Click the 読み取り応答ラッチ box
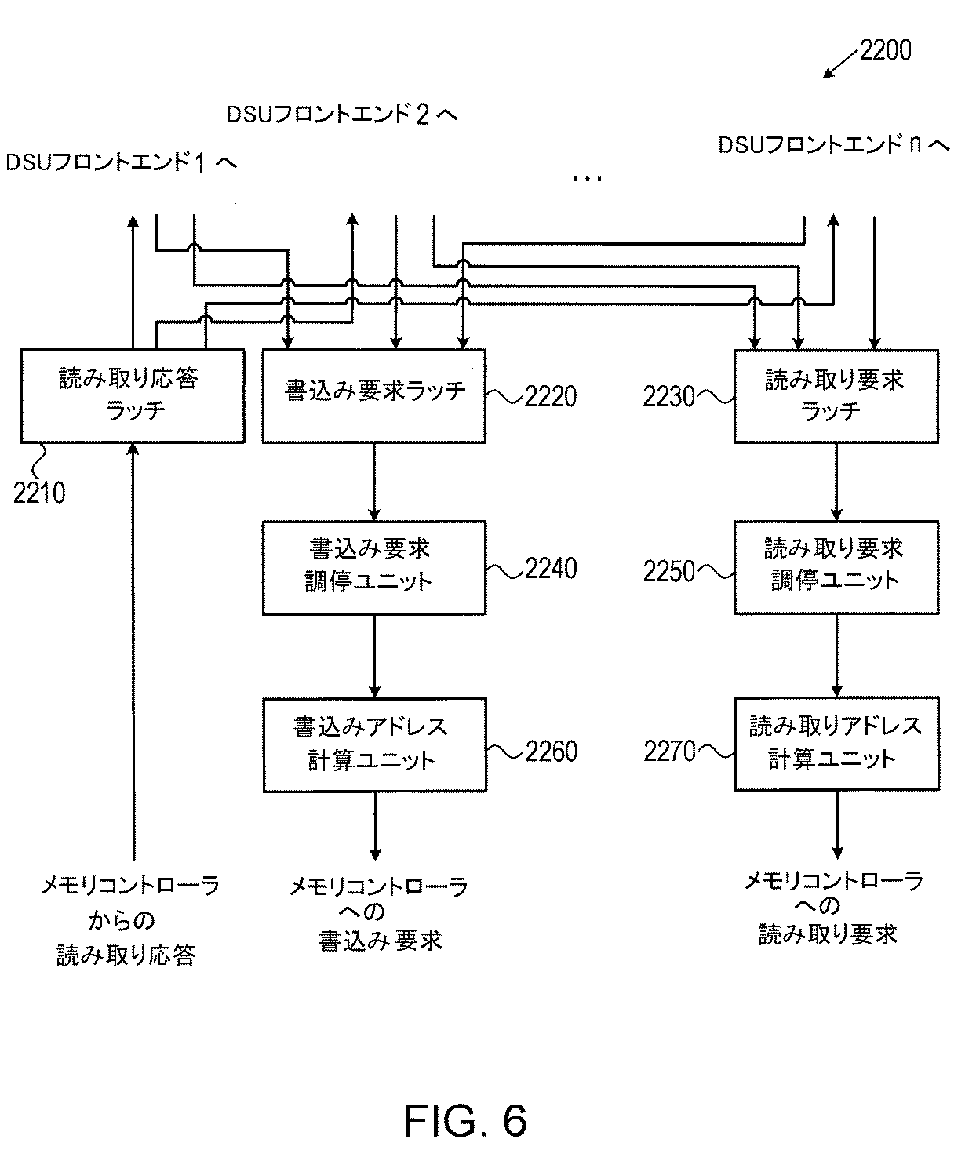[x=132, y=395]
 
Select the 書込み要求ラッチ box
[x=373, y=395]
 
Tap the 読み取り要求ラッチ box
[x=836, y=395]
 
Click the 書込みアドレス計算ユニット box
[x=373, y=744]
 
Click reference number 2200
[x=885, y=51]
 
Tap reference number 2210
[x=39, y=493]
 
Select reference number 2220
[x=550, y=396]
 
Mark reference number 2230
[x=669, y=397]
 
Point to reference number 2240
[x=551, y=569]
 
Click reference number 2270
[x=669, y=752]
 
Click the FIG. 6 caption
[x=464, y=1120]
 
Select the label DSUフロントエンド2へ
[x=342, y=115]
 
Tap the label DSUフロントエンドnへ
[x=834, y=145]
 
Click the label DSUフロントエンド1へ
[x=121, y=162]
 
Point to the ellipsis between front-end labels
[x=587, y=179]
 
